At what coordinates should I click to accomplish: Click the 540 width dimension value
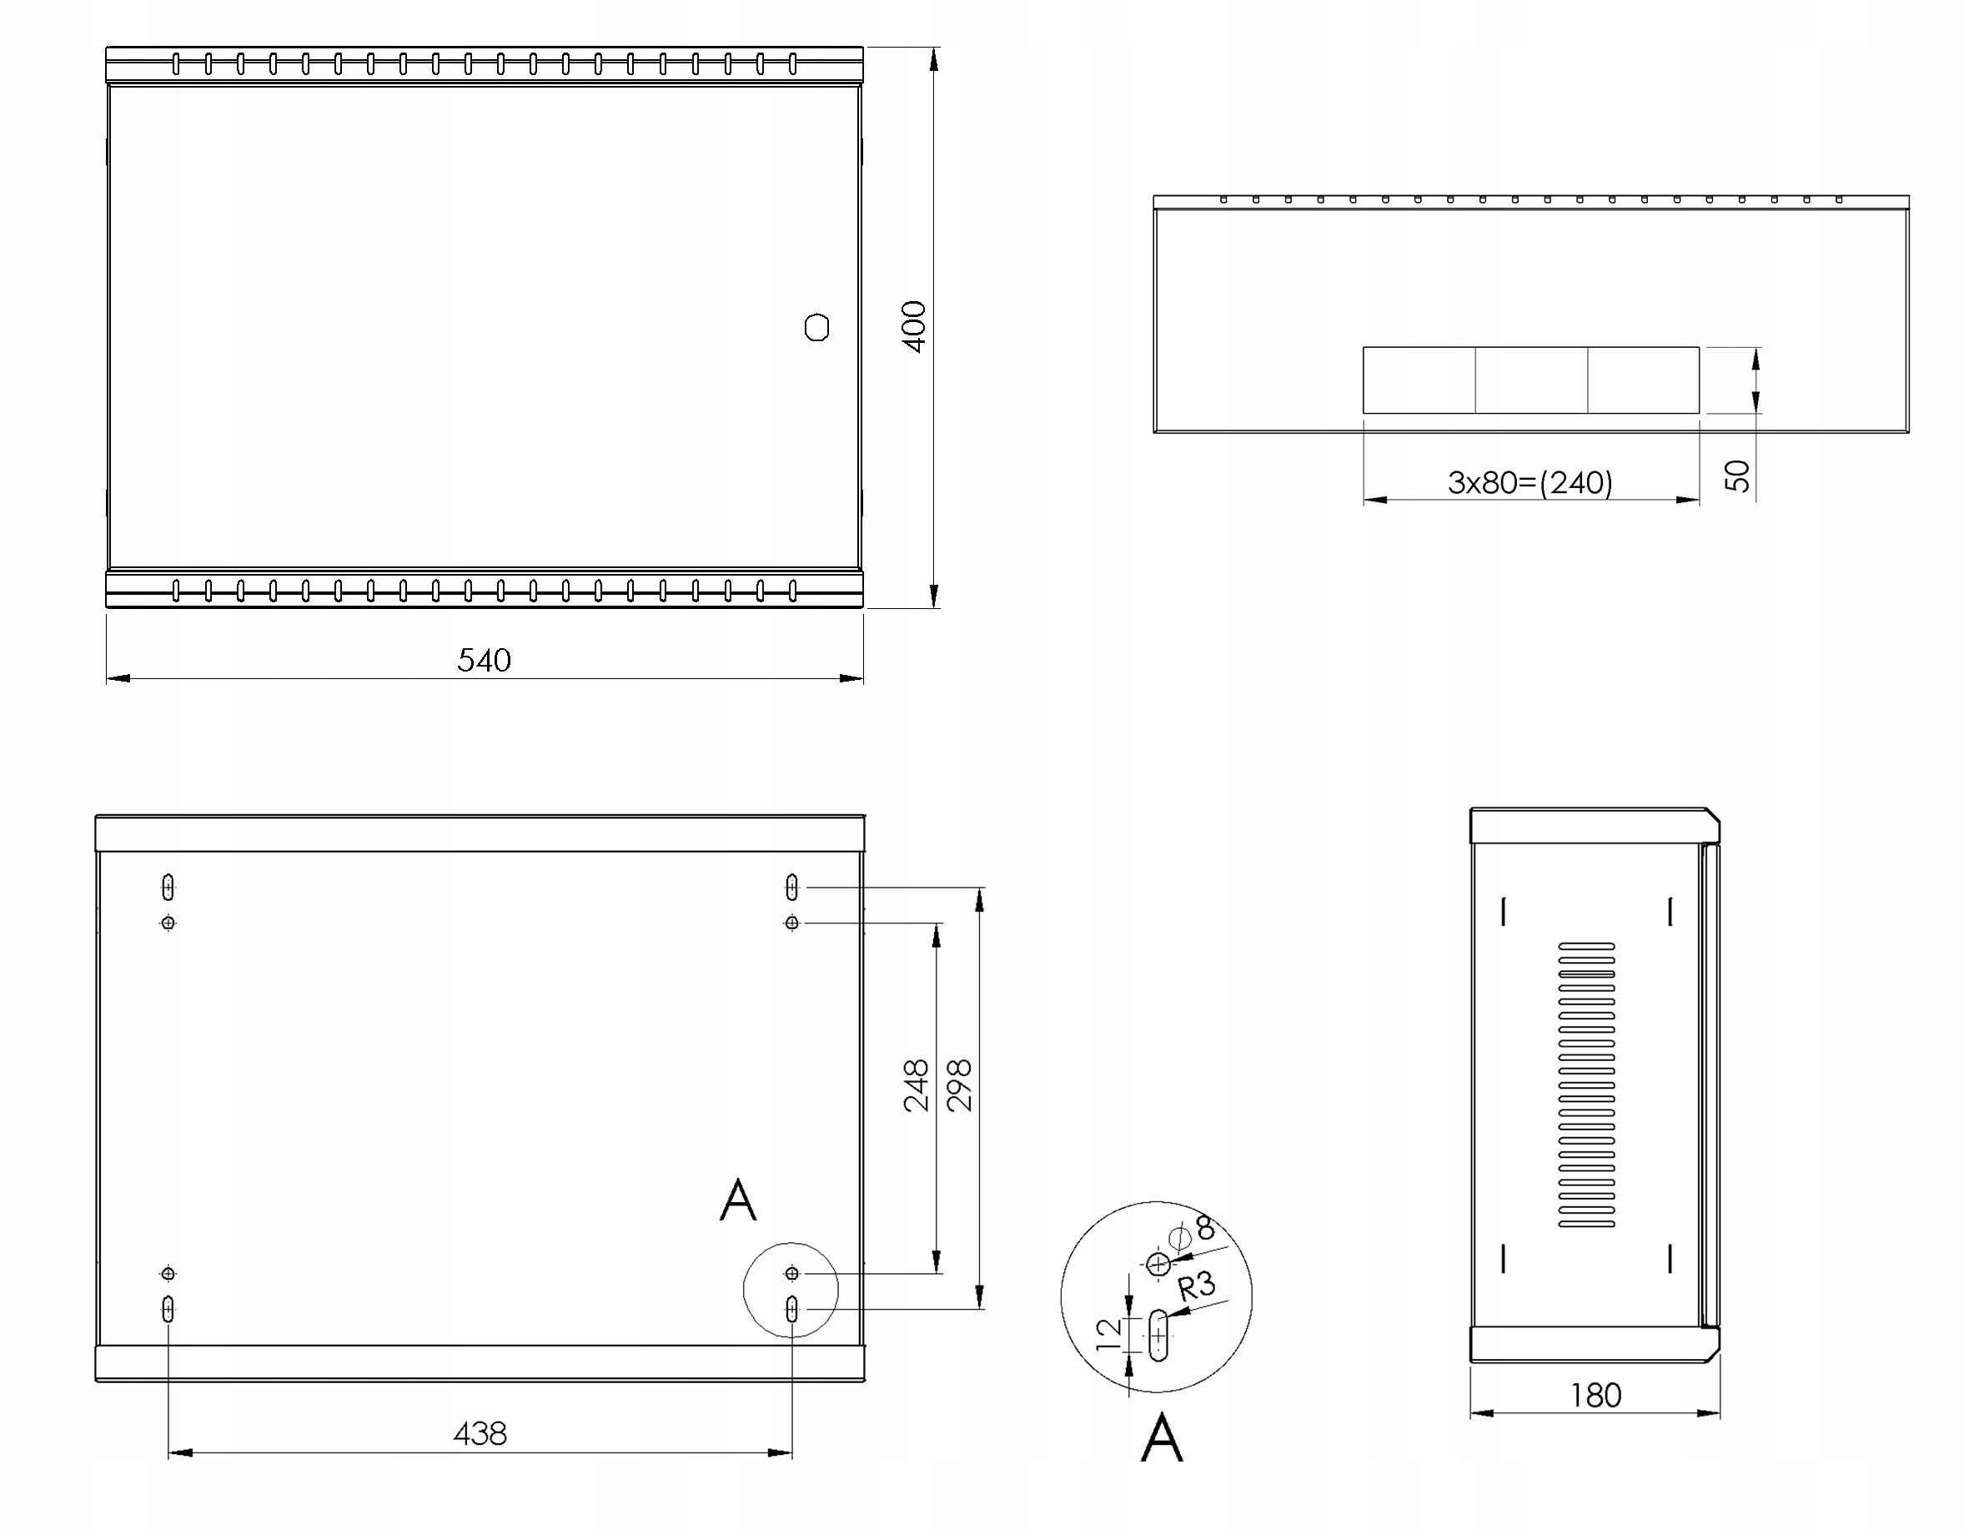[484, 660]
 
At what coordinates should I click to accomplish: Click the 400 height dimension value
[914, 326]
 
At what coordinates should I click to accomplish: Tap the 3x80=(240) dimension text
[1530, 483]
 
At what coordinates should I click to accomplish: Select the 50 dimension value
[1738, 475]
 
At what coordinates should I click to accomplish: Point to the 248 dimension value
[916, 1085]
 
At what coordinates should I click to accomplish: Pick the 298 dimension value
[960, 1085]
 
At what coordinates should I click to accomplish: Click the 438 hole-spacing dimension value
[480, 1434]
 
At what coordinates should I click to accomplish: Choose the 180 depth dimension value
[1595, 1396]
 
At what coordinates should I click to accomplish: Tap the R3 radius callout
[1197, 1286]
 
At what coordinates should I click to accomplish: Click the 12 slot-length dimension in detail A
[1110, 1334]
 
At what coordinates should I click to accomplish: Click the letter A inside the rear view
[738, 1200]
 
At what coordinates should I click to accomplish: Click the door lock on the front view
[816, 327]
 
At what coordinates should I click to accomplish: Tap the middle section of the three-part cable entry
[1530, 380]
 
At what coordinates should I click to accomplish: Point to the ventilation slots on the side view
[1586, 1085]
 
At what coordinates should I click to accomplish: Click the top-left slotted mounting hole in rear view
[168, 888]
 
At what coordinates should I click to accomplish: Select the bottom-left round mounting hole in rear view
[168, 1274]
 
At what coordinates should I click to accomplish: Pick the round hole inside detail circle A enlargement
[1159, 1265]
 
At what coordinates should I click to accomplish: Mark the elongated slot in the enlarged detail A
[1158, 1336]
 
